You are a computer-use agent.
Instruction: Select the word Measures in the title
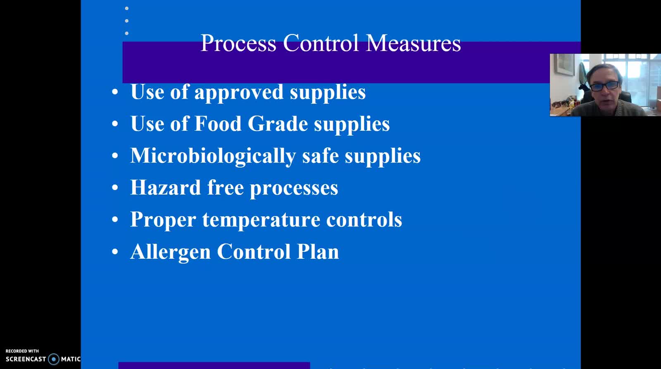coord(413,43)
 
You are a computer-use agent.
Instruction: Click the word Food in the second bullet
coord(218,123)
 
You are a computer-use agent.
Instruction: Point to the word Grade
coord(278,123)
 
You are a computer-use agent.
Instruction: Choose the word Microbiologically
coord(213,156)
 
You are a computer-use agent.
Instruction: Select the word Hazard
coord(166,187)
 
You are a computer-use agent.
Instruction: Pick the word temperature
coord(261,220)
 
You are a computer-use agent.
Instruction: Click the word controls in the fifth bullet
coord(364,219)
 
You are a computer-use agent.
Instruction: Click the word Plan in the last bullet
coord(318,251)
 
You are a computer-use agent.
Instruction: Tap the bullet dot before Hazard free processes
coord(115,187)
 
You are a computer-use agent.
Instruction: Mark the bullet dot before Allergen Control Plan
coord(115,251)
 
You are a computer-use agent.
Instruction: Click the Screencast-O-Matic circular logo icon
coord(54,359)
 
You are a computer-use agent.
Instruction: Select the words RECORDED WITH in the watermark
coord(22,351)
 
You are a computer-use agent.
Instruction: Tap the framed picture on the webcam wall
coord(564,64)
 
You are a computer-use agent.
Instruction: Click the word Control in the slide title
coord(321,43)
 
